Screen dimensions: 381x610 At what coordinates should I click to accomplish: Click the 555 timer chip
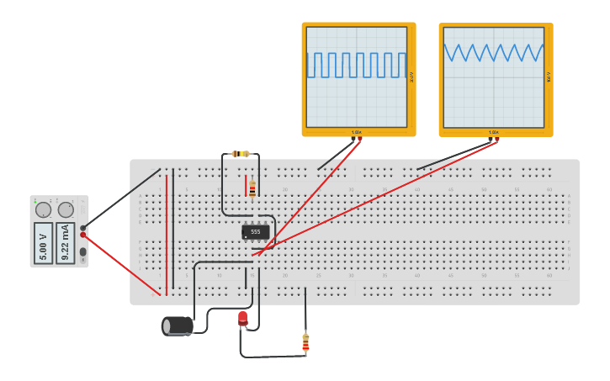pyautogui.click(x=256, y=231)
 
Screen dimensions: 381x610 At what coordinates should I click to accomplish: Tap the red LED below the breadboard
pyautogui.click(x=242, y=318)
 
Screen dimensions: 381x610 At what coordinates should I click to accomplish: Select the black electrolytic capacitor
pyautogui.click(x=177, y=325)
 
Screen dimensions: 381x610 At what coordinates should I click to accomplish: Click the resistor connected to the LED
pyautogui.click(x=305, y=342)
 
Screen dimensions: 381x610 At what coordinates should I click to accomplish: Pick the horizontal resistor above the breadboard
pyautogui.click(x=241, y=154)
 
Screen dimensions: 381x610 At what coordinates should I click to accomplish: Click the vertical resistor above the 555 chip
pyautogui.click(x=252, y=189)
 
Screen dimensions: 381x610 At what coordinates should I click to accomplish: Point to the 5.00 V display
pyautogui.click(x=44, y=242)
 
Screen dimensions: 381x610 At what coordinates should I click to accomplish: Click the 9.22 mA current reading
pyautogui.click(x=66, y=242)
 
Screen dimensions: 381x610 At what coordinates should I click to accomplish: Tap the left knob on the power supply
pyautogui.click(x=43, y=209)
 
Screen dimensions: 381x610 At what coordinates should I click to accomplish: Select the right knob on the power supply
pyautogui.click(x=66, y=209)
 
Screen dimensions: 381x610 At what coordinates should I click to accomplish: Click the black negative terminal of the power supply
pyautogui.click(x=82, y=227)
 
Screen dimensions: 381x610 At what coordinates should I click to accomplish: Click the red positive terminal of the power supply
pyautogui.click(x=82, y=235)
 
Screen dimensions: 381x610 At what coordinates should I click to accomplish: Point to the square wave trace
pyautogui.click(x=357, y=65)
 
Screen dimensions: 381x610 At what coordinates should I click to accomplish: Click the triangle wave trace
pyautogui.click(x=494, y=53)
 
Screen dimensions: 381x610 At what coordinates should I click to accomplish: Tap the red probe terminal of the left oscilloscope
pyautogui.click(x=361, y=139)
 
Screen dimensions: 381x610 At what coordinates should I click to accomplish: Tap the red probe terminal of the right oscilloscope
pyautogui.click(x=497, y=140)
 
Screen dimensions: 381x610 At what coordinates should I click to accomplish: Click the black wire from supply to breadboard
pyautogui.click(x=122, y=198)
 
